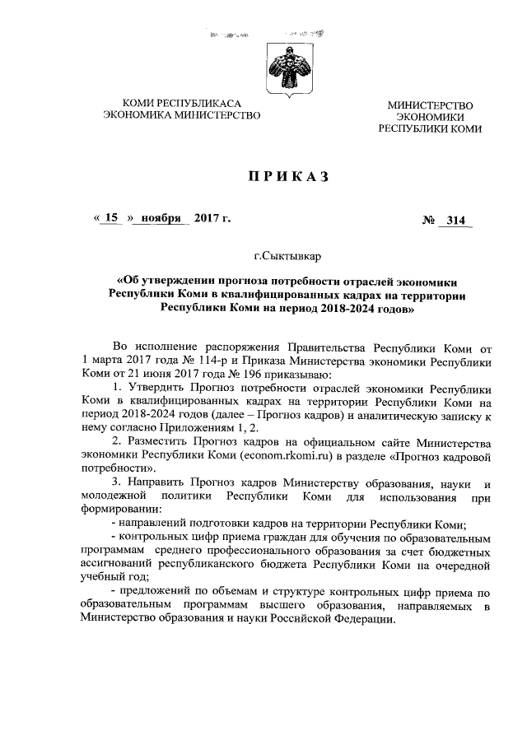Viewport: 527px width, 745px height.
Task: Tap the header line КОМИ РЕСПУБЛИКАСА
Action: click(x=180, y=103)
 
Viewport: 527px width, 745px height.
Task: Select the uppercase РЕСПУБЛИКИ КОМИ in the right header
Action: click(x=430, y=129)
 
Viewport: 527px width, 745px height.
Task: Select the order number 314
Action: click(x=455, y=221)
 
